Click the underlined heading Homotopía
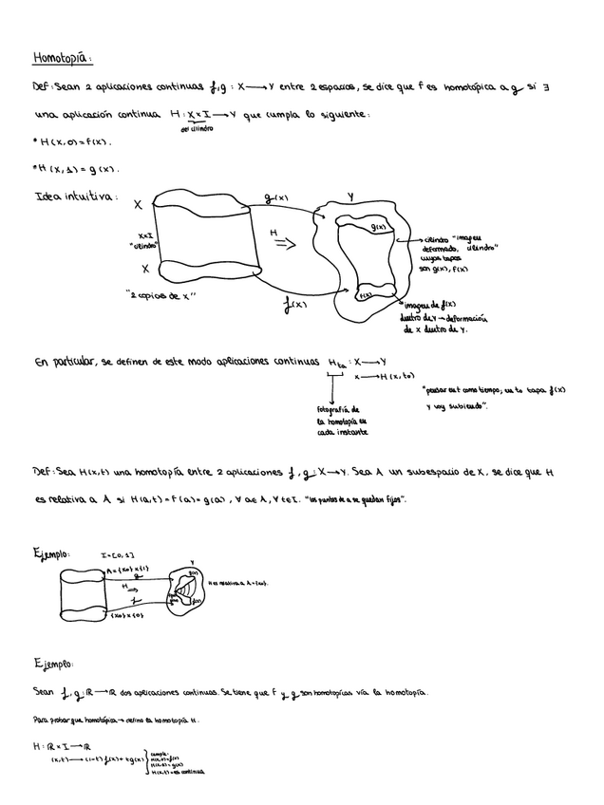coord(62,58)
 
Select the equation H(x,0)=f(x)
coord(72,142)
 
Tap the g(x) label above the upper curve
coord(280,199)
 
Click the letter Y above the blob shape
coord(350,196)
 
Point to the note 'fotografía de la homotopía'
coord(342,421)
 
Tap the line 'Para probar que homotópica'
coord(123,719)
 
